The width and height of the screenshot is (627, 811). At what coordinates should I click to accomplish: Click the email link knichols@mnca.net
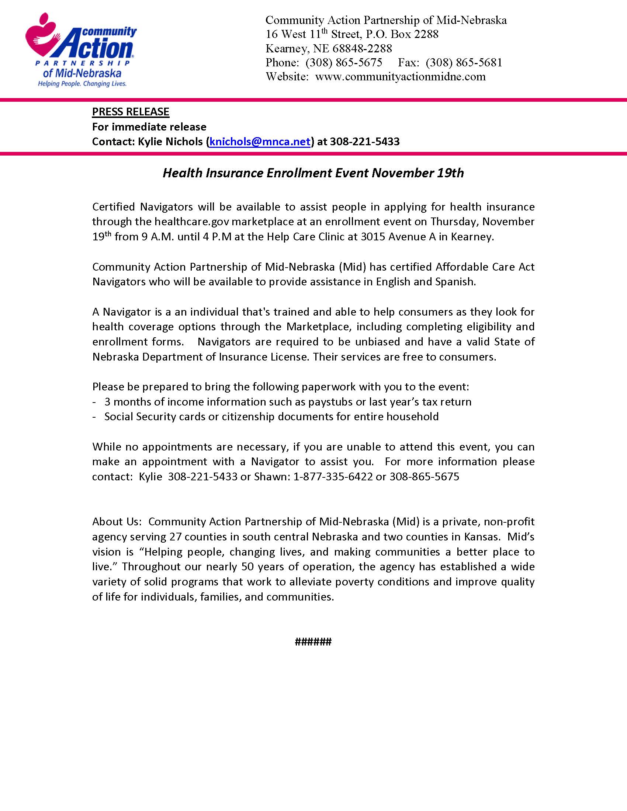(260, 142)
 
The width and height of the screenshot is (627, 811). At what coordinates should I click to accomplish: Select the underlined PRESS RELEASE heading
(131, 112)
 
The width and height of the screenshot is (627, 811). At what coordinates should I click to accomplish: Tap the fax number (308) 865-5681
(464, 62)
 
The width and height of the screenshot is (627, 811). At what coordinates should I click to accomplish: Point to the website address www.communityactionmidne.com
(401, 77)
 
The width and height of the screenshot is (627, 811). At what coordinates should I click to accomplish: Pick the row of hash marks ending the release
(313, 642)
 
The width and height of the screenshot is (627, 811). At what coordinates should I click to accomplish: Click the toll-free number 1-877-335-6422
(333, 476)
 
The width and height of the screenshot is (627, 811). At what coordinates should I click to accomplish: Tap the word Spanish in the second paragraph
(455, 282)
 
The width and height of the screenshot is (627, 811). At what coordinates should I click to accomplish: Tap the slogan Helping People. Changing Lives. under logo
(82, 84)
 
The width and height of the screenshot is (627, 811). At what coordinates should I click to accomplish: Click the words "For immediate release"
(149, 126)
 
